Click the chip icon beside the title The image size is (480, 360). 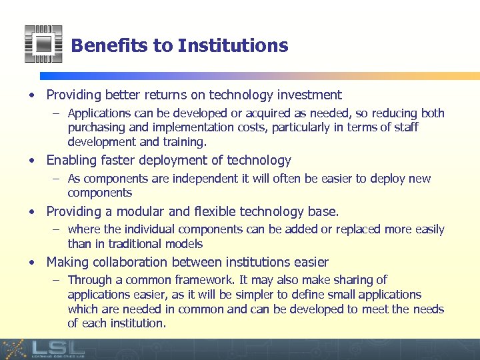tap(43, 44)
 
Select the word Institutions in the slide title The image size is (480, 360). tap(233, 46)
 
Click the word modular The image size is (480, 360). tap(141, 212)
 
